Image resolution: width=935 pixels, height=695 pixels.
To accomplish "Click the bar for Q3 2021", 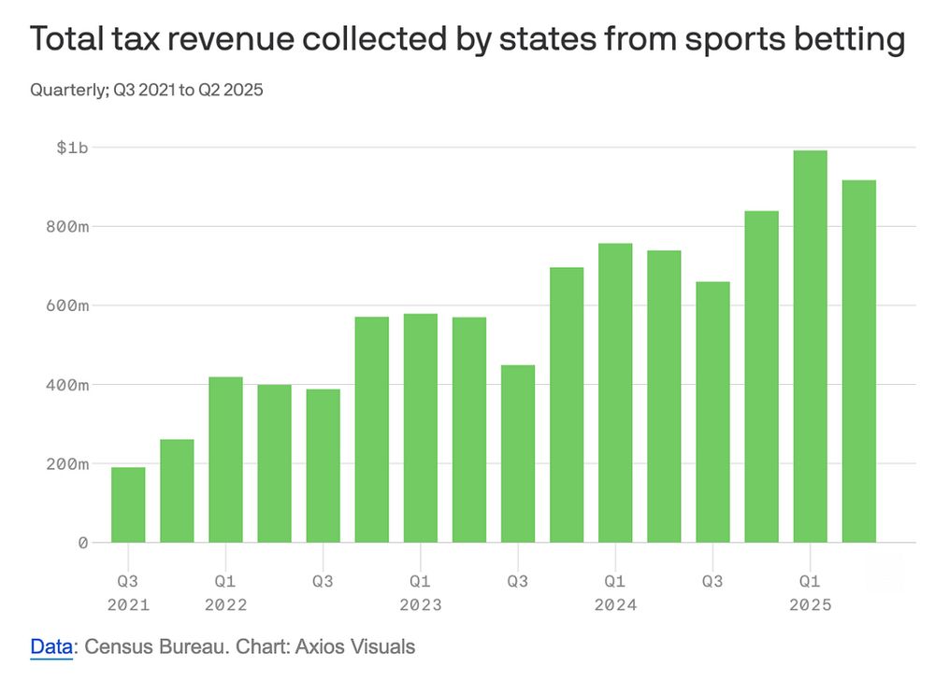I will (x=128, y=504).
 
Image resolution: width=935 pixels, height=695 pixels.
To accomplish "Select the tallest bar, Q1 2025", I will (x=811, y=346).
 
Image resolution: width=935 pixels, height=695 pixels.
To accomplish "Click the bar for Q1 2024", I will (x=615, y=392).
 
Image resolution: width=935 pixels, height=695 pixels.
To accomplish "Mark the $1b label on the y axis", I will (x=72, y=148).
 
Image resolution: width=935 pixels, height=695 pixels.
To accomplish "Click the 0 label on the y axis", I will (x=83, y=542).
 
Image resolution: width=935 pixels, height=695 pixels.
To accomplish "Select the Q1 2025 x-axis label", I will (x=811, y=592).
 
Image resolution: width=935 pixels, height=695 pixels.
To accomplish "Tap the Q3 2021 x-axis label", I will (x=128, y=592).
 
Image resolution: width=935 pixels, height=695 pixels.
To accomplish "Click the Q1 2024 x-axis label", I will (x=615, y=592).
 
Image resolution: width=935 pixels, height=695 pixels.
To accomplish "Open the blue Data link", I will (x=50, y=646).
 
